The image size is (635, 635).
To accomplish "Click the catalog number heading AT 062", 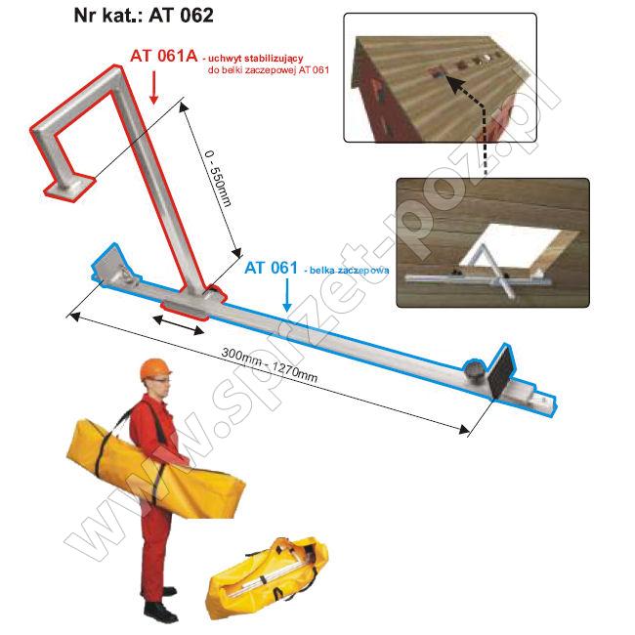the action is click(181, 16).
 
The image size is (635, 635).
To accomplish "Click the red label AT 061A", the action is click(163, 56).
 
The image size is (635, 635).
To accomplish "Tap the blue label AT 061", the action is click(271, 268).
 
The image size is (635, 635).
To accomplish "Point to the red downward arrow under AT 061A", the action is click(153, 88).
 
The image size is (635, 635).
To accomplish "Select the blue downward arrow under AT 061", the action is click(286, 294).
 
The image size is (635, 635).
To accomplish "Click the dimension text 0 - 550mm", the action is click(218, 179).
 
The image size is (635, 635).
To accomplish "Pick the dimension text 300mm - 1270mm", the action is click(270, 364).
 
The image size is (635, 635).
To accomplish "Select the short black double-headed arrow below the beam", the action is click(178, 325).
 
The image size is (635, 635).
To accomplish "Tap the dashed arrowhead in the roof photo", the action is click(453, 84).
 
